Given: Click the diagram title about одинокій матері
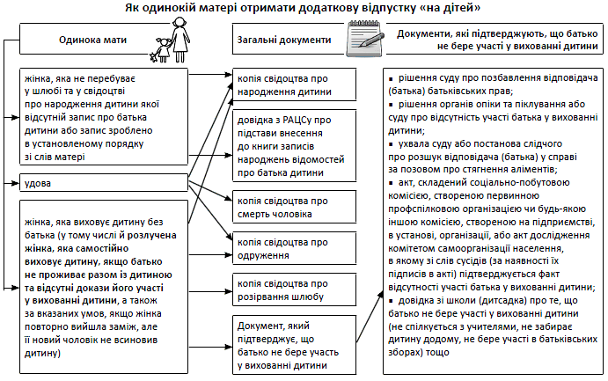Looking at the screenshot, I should (304, 9).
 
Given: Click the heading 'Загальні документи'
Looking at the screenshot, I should (284, 40).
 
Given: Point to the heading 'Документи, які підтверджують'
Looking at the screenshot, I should (497, 40).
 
